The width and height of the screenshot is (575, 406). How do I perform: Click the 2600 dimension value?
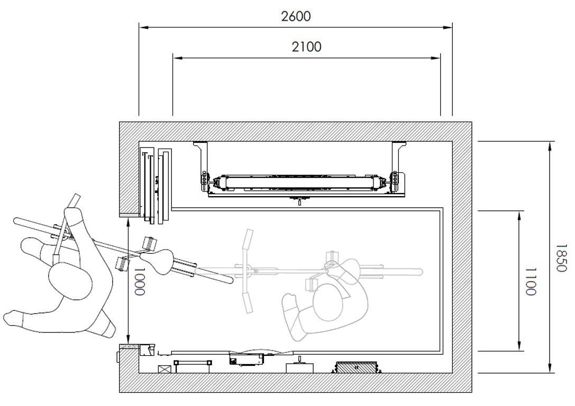tap(296, 16)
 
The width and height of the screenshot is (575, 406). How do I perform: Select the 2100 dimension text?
tap(307, 47)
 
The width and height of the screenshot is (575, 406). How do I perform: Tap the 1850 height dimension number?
tap(561, 258)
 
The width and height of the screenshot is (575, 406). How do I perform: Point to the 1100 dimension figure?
tap(530, 281)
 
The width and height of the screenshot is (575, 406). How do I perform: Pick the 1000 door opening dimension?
tap(139, 281)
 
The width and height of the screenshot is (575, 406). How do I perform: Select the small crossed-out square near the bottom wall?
tap(163, 370)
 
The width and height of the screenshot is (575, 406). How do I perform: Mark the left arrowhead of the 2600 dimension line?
tap(144, 27)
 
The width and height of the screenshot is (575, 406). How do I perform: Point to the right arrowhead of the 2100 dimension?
tap(436, 58)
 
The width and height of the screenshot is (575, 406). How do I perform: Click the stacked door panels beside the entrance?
tap(156, 186)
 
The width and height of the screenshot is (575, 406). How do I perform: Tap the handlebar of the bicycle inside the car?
tap(247, 271)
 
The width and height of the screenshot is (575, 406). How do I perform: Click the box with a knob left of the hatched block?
tap(299, 366)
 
